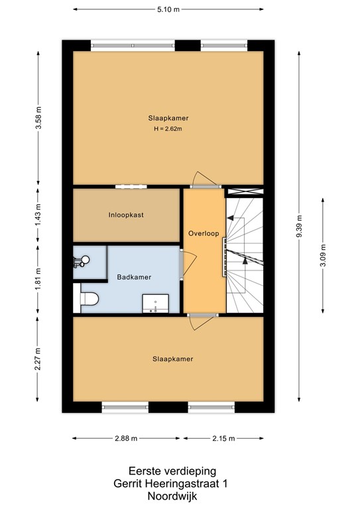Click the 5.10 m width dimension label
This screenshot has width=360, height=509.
tap(168, 9)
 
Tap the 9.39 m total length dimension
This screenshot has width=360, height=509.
tap(299, 226)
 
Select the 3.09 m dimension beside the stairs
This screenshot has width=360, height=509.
tap(323, 254)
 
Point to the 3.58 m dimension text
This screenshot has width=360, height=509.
tap(38, 117)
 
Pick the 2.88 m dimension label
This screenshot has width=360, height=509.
tap(126, 438)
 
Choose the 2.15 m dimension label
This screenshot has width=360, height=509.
tap(223, 438)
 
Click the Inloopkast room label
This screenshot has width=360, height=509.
tap(126, 215)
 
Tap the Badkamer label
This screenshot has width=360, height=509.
tap(134, 277)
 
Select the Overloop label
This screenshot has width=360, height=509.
tap(204, 233)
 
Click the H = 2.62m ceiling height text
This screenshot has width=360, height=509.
tap(168, 129)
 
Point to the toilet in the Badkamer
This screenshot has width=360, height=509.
tap(89, 299)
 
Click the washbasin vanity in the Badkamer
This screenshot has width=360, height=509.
tap(156, 304)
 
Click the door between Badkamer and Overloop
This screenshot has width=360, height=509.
tap(188, 264)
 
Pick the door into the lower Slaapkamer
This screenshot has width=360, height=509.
tap(202, 321)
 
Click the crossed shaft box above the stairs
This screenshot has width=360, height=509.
tap(245, 192)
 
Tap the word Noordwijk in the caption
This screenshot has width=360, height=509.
tap(172, 496)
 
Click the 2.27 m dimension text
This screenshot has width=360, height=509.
tap(38, 359)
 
